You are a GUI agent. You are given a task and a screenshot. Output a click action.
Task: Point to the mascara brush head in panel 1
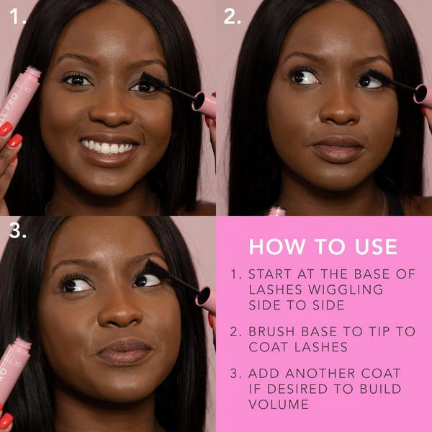click(153, 80)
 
